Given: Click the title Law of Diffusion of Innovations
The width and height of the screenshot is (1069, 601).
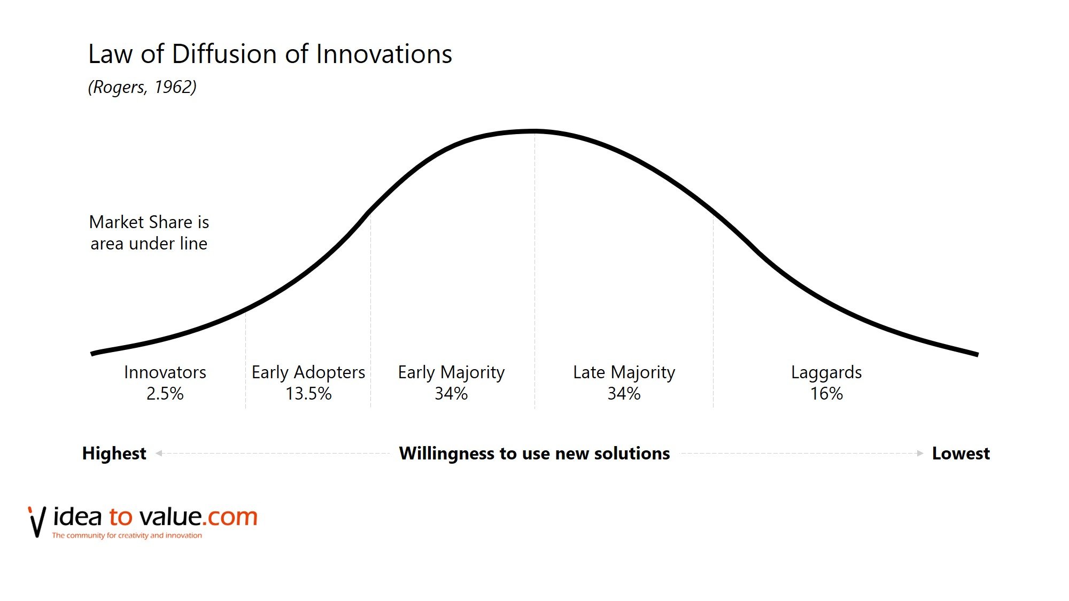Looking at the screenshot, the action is tap(270, 54).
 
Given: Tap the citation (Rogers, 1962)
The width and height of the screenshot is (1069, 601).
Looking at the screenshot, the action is tap(142, 87).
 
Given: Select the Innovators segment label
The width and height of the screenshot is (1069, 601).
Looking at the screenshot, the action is tap(165, 372).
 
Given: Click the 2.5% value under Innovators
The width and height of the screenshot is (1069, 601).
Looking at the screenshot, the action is tap(165, 394).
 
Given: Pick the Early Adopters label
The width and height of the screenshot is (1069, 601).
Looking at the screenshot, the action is tap(308, 372).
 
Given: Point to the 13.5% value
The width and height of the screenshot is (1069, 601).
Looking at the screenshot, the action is tap(308, 394).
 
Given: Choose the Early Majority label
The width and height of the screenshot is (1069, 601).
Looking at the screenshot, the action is tap(451, 372).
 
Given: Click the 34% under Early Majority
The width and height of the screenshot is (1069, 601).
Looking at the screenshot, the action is tap(451, 394).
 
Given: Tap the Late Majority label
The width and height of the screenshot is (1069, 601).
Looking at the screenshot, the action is tap(624, 372).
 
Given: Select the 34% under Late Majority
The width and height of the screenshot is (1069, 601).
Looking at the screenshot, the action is tap(624, 394).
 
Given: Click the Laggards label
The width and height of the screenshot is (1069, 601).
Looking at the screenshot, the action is tap(826, 372).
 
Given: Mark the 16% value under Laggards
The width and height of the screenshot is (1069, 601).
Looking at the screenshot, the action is tap(826, 394).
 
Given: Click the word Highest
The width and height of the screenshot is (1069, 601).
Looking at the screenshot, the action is tap(114, 454).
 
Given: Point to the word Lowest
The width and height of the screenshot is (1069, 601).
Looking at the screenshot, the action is tap(961, 454).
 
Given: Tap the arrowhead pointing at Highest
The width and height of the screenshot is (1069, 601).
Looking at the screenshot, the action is tap(159, 454).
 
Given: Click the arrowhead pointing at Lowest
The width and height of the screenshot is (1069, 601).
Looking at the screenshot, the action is tap(920, 454).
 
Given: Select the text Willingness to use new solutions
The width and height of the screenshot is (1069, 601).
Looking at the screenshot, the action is tap(534, 454).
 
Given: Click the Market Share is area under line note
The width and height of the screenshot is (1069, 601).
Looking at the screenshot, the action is tap(149, 233).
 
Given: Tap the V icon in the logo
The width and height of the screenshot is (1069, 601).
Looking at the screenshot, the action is tap(37, 522).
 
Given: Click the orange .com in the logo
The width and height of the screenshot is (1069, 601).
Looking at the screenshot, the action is tap(230, 517).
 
